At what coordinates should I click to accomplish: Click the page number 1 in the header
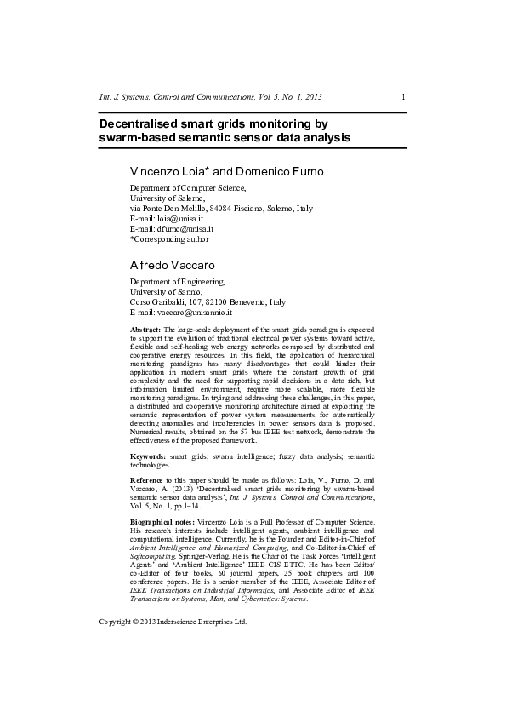pyautogui.click(x=402, y=97)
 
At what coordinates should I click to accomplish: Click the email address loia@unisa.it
pyautogui.click(x=180, y=219)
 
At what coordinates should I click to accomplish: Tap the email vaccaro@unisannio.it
pyautogui.click(x=196, y=313)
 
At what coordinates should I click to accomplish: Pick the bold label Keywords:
pyautogui.click(x=148, y=457)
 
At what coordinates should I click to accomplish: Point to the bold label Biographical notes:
pyautogui.click(x=162, y=520)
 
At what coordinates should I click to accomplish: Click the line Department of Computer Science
pyautogui.click(x=187, y=188)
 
